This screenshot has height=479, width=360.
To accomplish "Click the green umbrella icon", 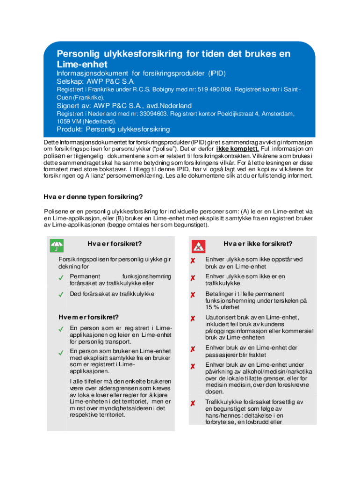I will coord(57,245).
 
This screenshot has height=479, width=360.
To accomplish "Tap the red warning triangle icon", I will coord(198,245).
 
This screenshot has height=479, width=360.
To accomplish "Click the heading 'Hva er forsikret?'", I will coord(115,244).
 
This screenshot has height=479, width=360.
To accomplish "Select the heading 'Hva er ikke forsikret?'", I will coord(258,244).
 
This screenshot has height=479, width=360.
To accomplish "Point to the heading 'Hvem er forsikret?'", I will coord(88,317).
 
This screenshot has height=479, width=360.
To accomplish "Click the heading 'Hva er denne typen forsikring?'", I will coord(93,196).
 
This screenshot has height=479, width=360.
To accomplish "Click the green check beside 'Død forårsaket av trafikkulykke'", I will coord(61,295).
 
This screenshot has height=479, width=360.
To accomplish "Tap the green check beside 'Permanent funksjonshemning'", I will coord(61,277).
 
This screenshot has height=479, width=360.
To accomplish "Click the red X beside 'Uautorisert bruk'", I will coord(192,319).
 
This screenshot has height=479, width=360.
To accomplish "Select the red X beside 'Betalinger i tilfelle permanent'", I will coord(192,295).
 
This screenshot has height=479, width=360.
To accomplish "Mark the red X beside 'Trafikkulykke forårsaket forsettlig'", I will coord(192,403).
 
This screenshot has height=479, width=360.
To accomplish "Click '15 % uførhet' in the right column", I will coord(222,307).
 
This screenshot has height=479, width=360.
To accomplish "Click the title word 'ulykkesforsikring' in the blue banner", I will coord(140,54).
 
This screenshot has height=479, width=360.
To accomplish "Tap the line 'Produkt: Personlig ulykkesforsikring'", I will coord(113,129).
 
